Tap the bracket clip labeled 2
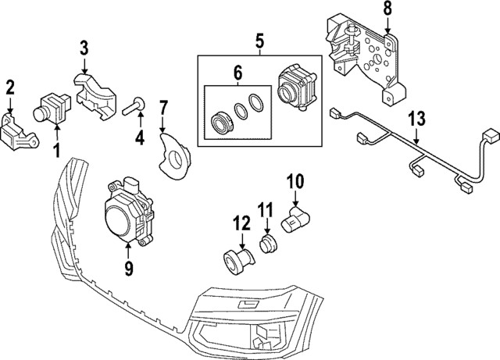click(20, 130)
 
